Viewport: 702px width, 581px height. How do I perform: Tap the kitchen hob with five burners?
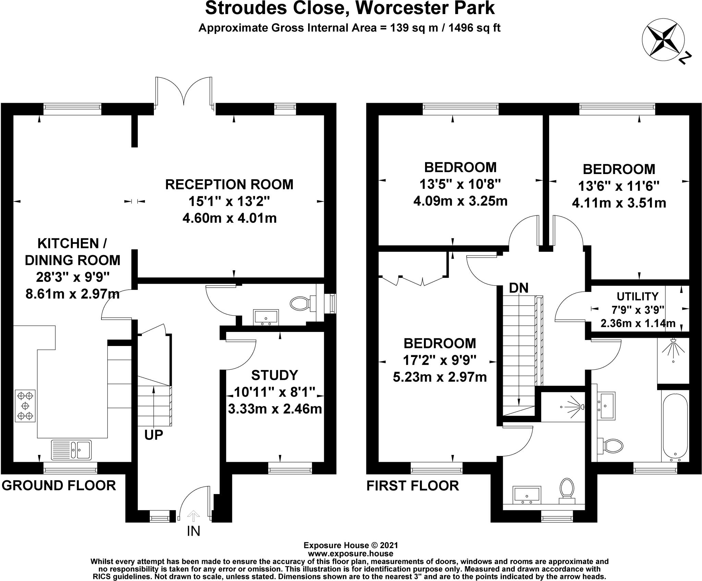(25, 406)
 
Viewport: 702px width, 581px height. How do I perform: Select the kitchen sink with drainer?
(71, 449)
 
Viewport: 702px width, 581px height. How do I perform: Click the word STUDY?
(275, 375)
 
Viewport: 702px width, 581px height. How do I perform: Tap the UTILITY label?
(638, 296)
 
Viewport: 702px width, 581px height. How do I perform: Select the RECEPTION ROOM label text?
(229, 184)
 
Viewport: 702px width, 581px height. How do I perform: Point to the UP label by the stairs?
(153, 435)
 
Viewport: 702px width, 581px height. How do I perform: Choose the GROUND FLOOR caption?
(59, 485)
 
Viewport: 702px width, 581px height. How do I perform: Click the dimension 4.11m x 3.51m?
(619, 203)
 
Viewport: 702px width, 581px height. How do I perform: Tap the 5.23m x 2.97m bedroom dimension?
(440, 377)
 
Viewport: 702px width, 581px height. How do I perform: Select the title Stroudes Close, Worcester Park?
(350, 9)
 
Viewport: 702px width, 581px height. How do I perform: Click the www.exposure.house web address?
(351, 563)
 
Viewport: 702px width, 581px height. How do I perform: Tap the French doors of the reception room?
(185, 91)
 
